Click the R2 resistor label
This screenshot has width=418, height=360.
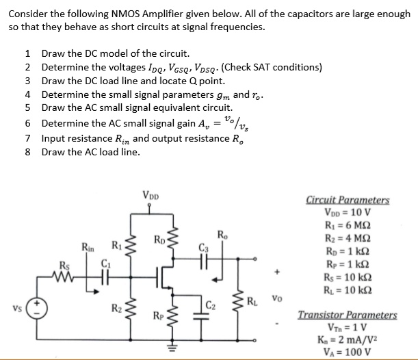pos(116,309)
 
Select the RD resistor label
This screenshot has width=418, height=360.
pos(159,240)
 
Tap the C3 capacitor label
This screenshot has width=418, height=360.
pos(203,248)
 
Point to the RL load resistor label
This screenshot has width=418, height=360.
pos(252,300)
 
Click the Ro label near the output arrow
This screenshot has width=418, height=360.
pos(223,236)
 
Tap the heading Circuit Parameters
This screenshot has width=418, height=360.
pos(348,201)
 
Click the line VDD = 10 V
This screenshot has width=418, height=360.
pos(348,213)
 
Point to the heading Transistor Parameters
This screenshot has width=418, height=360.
pos(348,315)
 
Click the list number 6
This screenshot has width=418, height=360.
pos(27,123)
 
